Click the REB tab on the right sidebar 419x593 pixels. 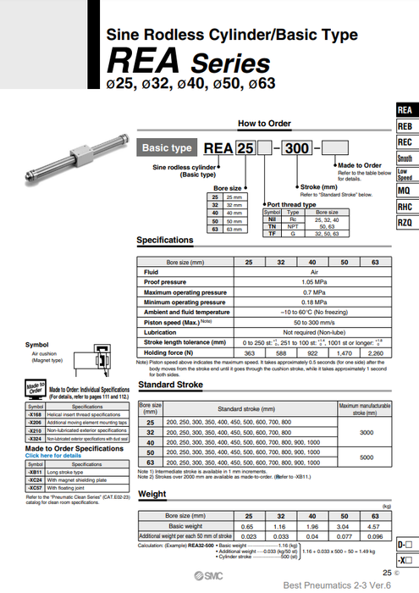coord(405,125)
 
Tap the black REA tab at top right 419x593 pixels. coord(405,109)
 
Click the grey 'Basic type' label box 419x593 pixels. coord(167,147)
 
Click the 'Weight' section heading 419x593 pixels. coord(152,492)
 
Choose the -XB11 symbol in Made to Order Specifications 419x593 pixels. coord(36,473)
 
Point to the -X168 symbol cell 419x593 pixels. coord(36,414)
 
